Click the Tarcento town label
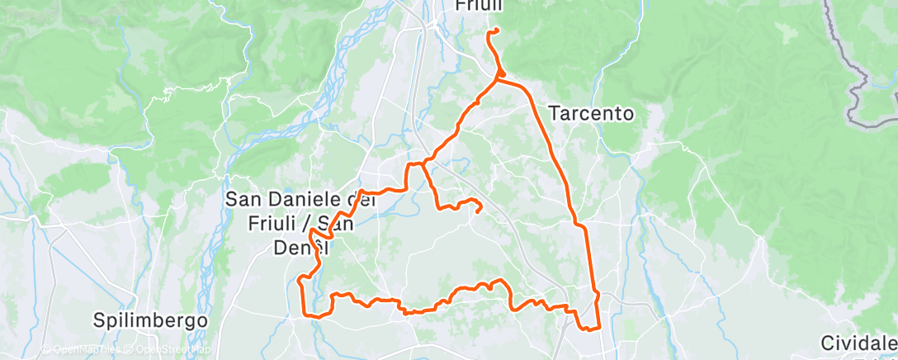point(592,114)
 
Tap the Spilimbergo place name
point(149,320)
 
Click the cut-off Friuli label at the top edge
point(479,6)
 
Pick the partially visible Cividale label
point(858,343)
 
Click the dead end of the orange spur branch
point(480,211)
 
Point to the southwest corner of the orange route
point(305,315)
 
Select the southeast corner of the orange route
point(598,328)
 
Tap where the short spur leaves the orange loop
point(423,163)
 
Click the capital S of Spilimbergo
point(99,320)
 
